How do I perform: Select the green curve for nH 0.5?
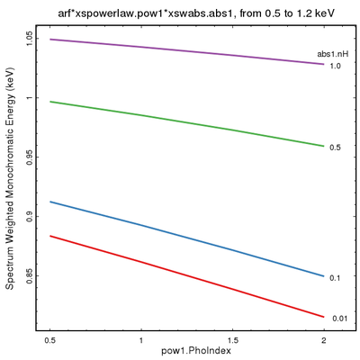[x=187, y=119]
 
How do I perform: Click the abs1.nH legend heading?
[x=334, y=55]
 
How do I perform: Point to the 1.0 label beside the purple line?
[x=335, y=67]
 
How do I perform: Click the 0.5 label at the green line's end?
[x=335, y=147]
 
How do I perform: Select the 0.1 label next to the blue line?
[x=335, y=277]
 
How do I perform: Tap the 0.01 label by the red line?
[x=337, y=318]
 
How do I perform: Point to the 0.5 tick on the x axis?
[x=51, y=341]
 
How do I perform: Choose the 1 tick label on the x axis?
[x=141, y=341]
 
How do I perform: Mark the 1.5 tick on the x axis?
[x=232, y=341]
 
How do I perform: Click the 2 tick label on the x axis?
[x=323, y=341]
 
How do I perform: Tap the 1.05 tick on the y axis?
[x=31, y=39]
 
